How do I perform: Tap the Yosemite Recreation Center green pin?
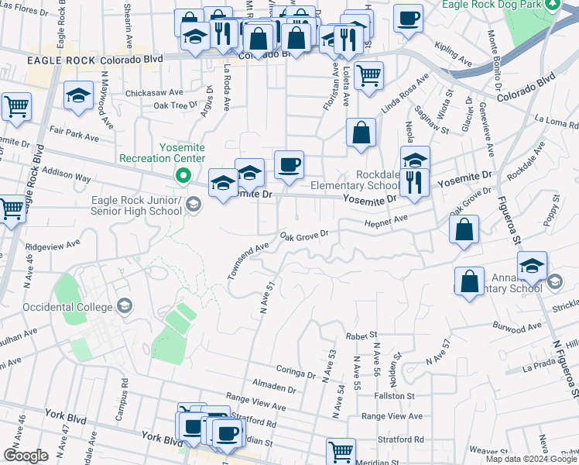point(183,175)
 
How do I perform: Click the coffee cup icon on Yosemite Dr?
point(289,166)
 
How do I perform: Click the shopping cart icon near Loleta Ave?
point(369,76)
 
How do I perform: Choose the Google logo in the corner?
point(26,456)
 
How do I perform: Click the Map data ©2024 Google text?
point(531,459)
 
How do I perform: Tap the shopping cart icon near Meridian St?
point(341,449)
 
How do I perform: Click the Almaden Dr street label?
point(274,387)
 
